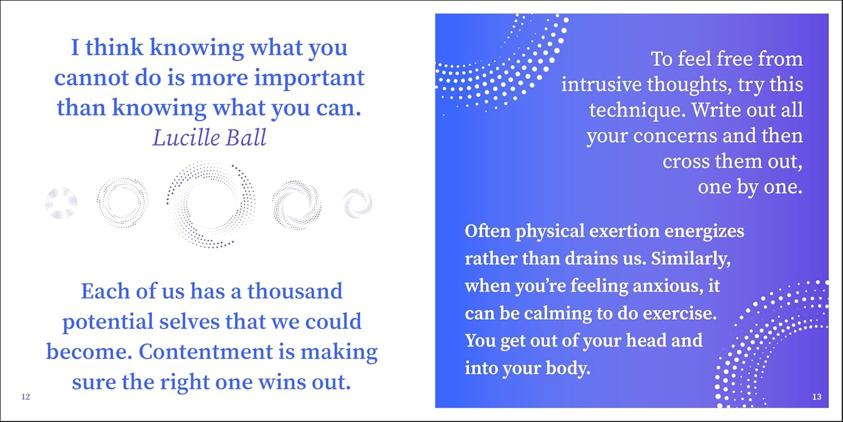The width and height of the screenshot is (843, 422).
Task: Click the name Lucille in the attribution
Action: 183,137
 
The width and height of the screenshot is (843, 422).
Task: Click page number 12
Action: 26,396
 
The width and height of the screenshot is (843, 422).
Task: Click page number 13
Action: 817,396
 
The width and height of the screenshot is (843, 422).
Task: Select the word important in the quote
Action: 309,79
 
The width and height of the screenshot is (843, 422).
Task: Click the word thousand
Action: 294,291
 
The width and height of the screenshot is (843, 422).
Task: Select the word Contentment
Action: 206,352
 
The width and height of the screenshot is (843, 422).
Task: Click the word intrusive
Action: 601,84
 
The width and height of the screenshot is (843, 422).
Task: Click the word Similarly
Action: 691,259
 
